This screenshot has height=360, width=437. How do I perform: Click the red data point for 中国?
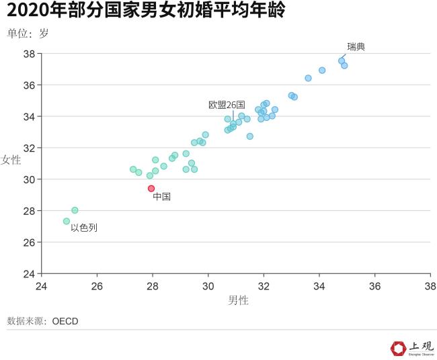click(151, 189)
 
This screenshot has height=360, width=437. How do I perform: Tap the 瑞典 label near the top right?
click(356, 46)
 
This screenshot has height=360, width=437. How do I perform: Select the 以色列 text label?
click(84, 228)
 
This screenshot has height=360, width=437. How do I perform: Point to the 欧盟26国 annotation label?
click(227, 105)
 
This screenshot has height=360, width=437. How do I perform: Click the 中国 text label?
click(161, 197)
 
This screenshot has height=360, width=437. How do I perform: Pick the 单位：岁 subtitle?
click(28, 33)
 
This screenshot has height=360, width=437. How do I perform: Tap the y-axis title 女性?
click(11, 160)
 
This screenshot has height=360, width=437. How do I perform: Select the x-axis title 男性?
click(238, 300)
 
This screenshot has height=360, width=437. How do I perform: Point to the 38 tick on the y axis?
click(29, 54)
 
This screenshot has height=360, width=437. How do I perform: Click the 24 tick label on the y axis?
click(29, 273)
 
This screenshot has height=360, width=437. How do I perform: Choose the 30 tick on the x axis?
click(208, 285)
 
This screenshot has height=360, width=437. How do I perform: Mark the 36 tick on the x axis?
click(374, 285)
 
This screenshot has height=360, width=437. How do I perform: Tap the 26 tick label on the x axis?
click(97, 285)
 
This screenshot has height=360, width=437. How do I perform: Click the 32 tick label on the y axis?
click(29, 148)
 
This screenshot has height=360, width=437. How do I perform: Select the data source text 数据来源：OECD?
click(42, 321)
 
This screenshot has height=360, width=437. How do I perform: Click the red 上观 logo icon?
click(398, 348)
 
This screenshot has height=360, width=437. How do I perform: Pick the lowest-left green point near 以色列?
click(67, 221)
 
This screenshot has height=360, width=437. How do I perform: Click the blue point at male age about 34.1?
click(322, 71)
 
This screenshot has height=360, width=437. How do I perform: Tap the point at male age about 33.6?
click(308, 78)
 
